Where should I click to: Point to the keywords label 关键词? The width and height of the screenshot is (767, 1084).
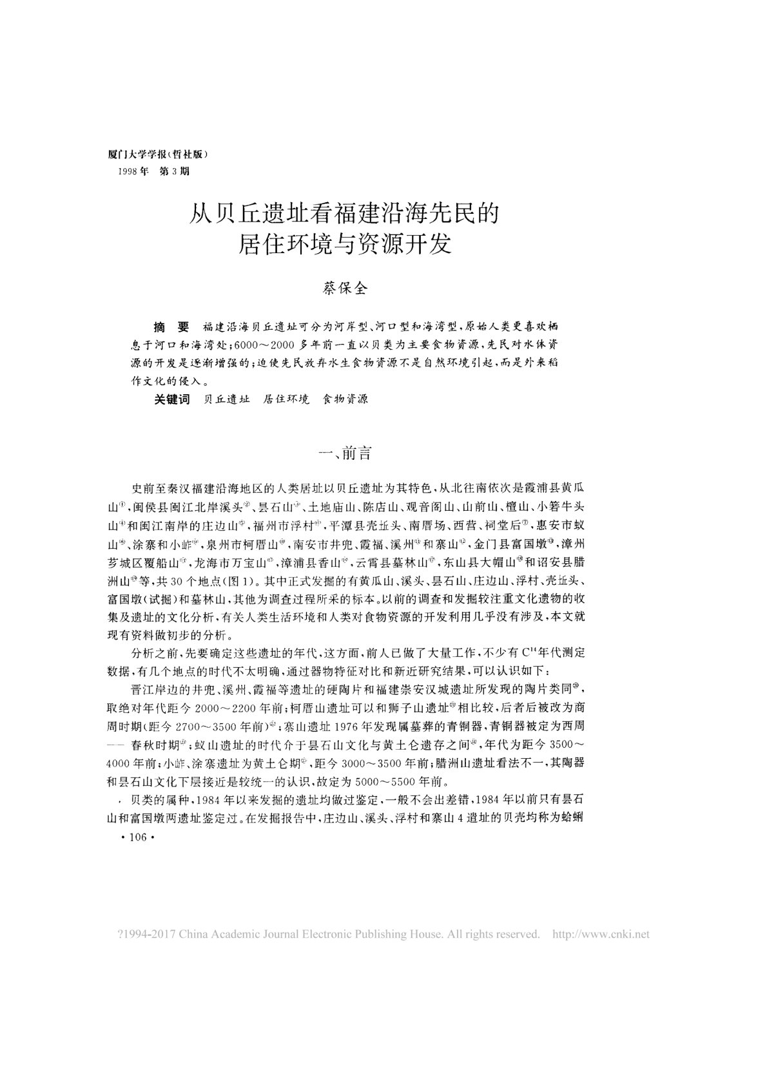[172, 400]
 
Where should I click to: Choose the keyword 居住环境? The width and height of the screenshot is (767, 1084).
[286, 400]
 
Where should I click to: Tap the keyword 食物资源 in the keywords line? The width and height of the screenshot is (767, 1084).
[345, 400]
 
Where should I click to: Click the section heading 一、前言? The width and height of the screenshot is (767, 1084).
[347, 453]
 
